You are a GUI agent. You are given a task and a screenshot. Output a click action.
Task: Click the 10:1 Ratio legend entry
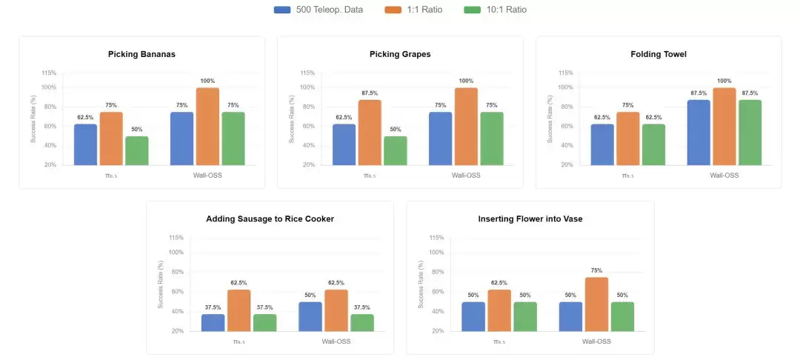pos(495,10)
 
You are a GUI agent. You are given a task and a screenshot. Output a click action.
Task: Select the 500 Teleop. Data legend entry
pos(319,10)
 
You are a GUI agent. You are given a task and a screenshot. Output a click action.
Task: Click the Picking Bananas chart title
pos(141,54)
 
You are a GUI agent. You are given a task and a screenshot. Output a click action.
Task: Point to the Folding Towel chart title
pos(659,54)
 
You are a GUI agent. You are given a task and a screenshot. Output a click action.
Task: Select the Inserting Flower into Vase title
pos(530,219)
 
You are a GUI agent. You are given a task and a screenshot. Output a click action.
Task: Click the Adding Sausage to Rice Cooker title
pos(270,219)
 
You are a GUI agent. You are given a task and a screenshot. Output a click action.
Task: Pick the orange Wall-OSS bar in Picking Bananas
pos(207,127)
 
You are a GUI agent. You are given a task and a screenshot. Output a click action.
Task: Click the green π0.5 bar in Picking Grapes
pos(396,151)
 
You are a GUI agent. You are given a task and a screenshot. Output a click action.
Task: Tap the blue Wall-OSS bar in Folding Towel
pos(699,133)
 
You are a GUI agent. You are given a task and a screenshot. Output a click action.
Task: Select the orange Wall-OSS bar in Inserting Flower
pos(596,304)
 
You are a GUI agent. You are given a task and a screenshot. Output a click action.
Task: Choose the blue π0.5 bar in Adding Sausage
pos(213,323)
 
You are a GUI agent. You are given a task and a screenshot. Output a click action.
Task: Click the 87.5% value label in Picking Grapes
pos(370,93)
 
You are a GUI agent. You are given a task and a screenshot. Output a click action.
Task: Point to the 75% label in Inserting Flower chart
pos(597,271)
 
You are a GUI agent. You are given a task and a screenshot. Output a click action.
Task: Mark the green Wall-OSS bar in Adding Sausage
pos(362,323)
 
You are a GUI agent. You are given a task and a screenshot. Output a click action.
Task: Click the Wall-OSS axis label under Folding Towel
pos(724,176)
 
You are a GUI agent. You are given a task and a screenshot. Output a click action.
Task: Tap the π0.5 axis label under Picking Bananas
pos(112,176)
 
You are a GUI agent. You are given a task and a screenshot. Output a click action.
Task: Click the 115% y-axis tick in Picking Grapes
pos(307,73)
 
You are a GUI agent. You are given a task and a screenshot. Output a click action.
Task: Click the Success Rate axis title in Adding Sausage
pos(161,284)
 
